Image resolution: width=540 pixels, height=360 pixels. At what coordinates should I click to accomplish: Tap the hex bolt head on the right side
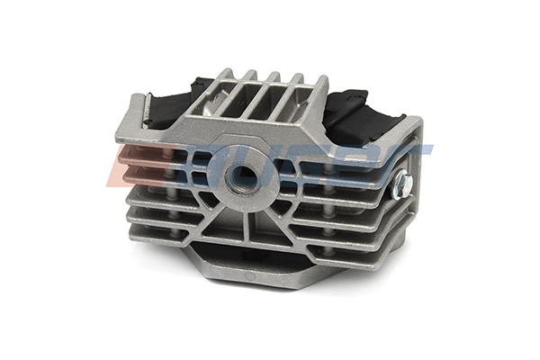pyautogui.click(x=401, y=185)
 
